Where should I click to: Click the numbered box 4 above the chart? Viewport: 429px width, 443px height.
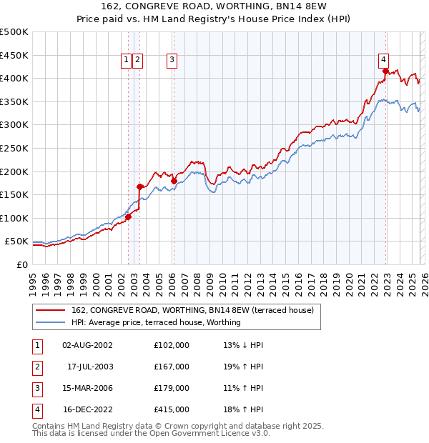coord(384,60)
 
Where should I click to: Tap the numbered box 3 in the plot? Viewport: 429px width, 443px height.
coord(172,60)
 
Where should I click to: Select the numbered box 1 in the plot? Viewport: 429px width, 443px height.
coord(126,60)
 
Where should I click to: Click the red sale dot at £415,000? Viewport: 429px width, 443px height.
coord(385,71)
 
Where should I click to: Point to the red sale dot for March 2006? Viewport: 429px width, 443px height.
coord(174,181)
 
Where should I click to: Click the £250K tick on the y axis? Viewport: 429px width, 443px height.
coord(14,148)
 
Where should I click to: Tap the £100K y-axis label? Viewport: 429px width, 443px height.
coord(14,218)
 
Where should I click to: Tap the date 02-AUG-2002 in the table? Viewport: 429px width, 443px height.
coord(87,345)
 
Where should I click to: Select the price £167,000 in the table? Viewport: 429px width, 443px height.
coord(171,367)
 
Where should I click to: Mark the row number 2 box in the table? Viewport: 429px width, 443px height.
coord(36,367)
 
